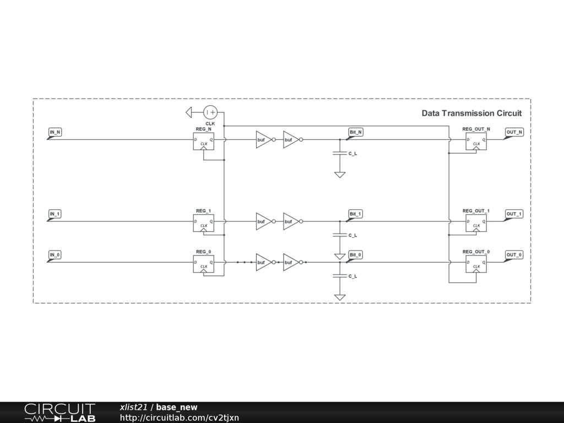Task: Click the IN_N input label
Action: [x=55, y=132]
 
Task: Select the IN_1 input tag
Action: [x=55, y=214]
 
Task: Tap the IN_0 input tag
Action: [x=55, y=254]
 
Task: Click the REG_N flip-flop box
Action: [x=203, y=142]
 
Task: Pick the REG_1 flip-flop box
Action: [x=203, y=223]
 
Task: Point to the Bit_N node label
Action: [x=356, y=132]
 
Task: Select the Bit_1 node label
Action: [x=356, y=214]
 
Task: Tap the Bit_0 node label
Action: [x=356, y=254]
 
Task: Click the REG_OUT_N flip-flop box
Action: [x=476, y=142]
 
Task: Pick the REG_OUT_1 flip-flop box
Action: [x=476, y=223]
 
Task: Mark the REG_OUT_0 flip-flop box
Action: [x=476, y=264]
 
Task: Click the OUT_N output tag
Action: [x=514, y=132]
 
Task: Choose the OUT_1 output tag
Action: [x=514, y=214]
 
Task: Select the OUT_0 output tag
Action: [x=514, y=254]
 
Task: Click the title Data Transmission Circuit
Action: [x=471, y=113]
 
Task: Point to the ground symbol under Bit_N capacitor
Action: [x=340, y=175]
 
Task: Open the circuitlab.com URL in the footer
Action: [x=180, y=418]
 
